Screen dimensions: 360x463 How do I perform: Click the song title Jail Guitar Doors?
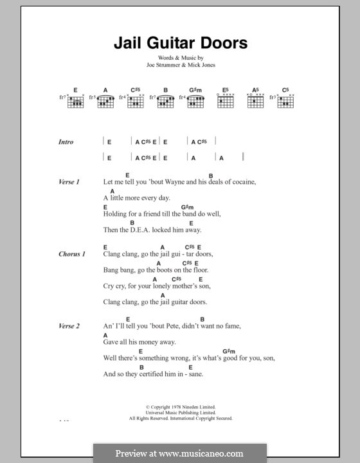[x=179, y=44]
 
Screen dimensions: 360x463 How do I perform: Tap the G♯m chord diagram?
[x=195, y=101]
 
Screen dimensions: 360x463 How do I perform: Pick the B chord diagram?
[x=165, y=101]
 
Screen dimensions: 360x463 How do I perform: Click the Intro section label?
[x=66, y=142]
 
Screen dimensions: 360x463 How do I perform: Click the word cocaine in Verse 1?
[x=240, y=182]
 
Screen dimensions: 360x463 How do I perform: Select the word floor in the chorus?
[x=201, y=269]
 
